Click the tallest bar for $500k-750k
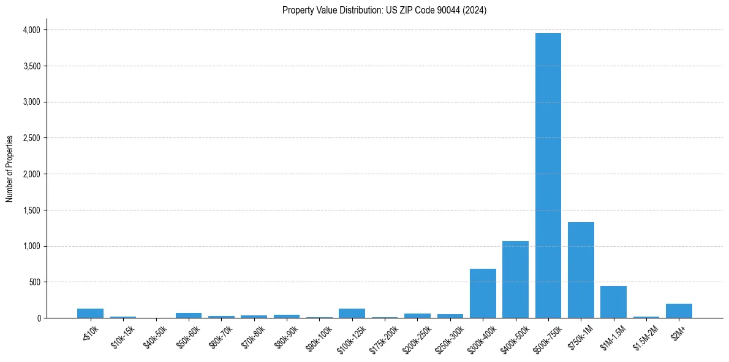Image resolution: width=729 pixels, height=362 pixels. coord(548,175)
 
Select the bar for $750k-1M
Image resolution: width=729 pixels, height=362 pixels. coord(581,270)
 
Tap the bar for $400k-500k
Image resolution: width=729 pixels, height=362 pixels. coord(515,280)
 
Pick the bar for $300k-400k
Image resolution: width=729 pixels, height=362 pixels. coord(483,293)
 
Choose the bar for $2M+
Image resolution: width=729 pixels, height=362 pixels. coord(679,311)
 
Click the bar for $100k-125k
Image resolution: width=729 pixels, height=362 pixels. coord(352,314)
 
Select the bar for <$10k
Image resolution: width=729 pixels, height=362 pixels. coord(90,314)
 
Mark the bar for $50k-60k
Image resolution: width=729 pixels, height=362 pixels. coord(188,315)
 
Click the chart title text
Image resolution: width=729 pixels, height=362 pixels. coord(384,10)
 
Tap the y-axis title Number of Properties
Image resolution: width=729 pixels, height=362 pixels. coord(10,169)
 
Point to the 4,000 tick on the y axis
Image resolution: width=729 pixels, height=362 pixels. coord(31,30)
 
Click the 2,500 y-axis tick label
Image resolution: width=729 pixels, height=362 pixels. coord(31,138)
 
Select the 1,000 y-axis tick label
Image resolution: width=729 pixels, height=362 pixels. coord(31,246)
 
